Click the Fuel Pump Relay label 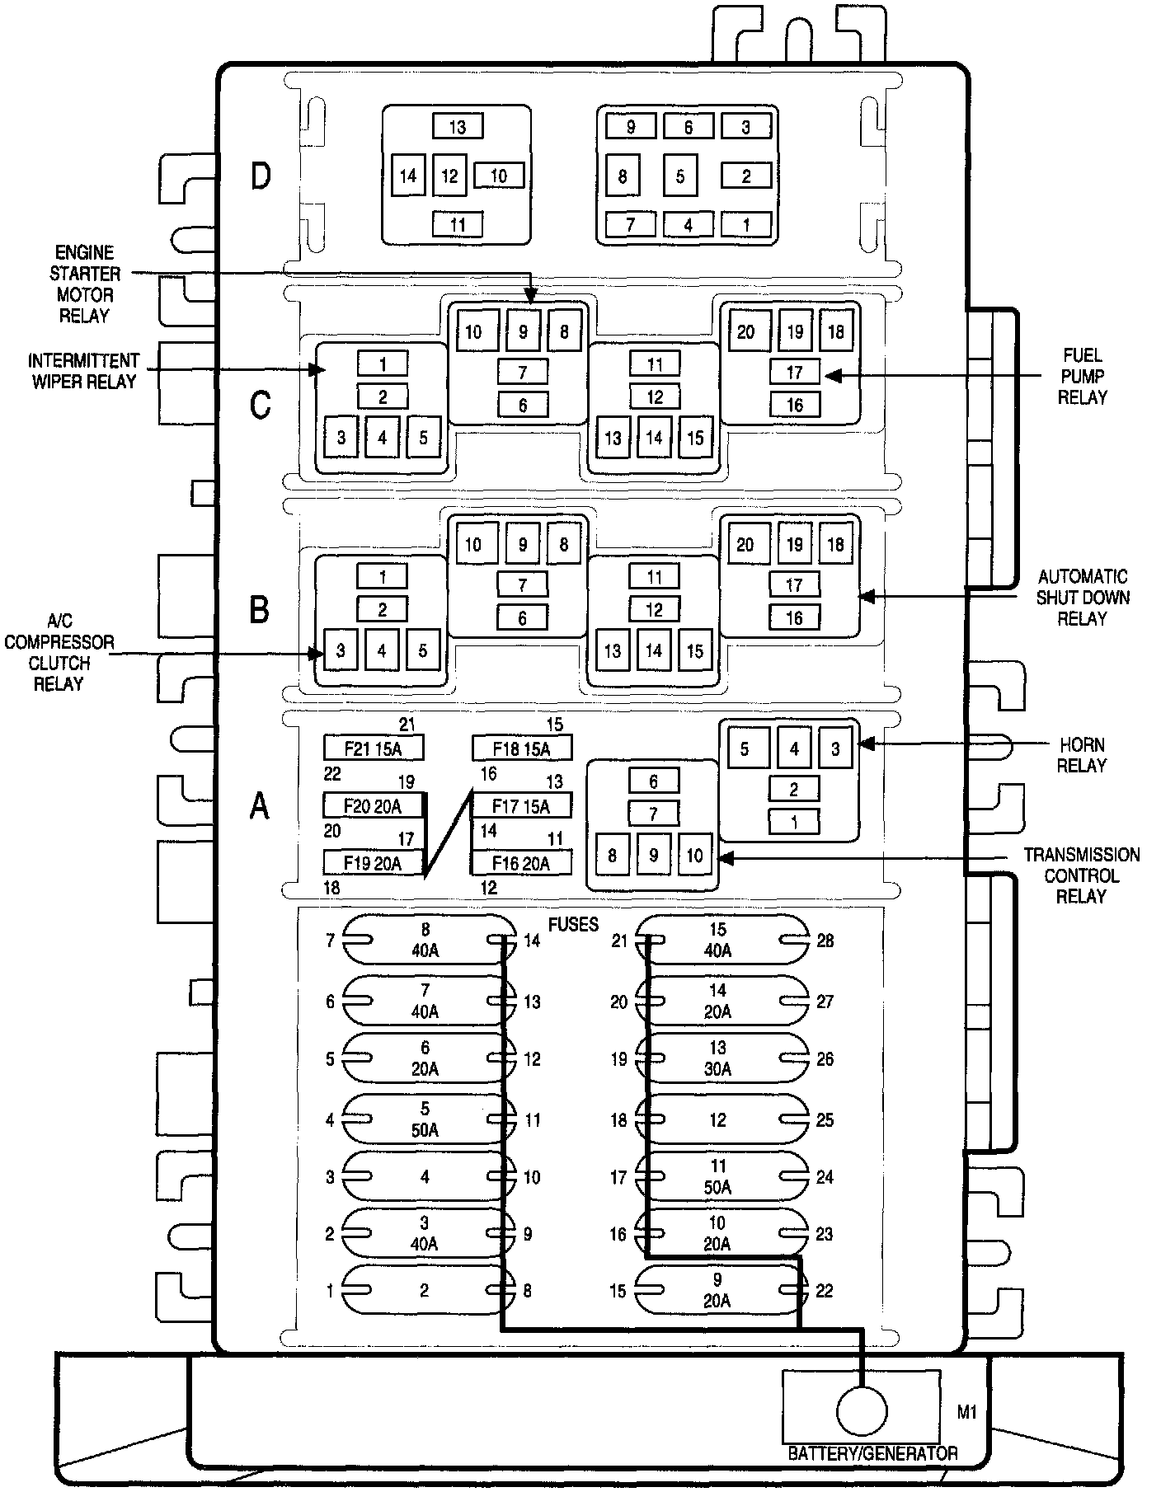coord(1082,376)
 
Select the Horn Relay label coord(1081,754)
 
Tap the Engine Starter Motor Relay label coord(84,284)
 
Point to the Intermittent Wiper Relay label coord(83,371)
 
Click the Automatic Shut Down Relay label coord(1082,597)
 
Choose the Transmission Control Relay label coord(1081,875)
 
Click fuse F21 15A coord(373,748)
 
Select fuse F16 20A coord(521,862)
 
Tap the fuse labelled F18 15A coord(521,748)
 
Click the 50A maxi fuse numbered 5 coord(425,1119)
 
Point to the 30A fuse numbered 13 coord(717,1058)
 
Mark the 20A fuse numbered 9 coord(717,1291)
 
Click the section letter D coord(261,176)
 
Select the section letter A coord(260,805)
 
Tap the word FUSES coord(573,924)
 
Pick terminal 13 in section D coord(458,127)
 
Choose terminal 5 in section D coord(680,176)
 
